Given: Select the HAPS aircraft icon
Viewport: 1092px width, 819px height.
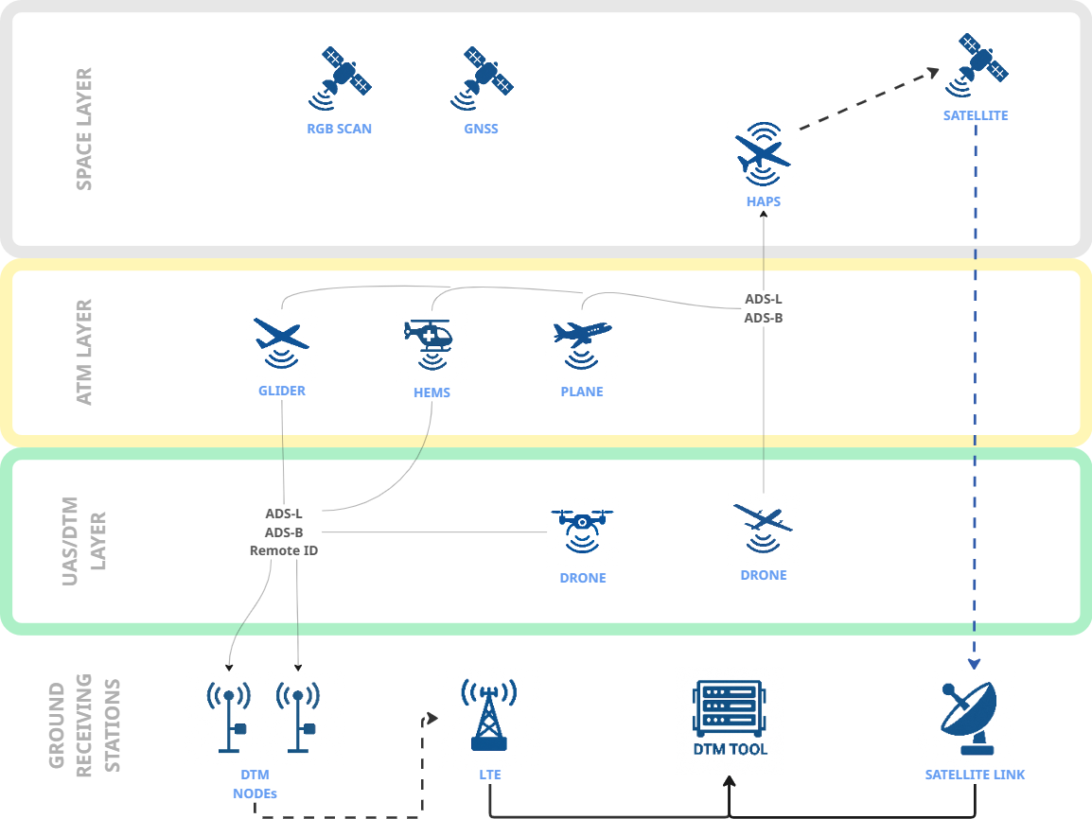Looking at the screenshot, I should [763, 151].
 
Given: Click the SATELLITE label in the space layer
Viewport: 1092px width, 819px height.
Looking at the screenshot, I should [975, 116].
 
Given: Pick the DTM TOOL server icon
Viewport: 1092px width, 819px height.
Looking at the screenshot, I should [730, 709].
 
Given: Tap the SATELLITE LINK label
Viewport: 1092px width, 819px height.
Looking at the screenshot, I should [975, 775].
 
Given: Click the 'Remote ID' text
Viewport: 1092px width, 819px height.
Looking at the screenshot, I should [283, 549].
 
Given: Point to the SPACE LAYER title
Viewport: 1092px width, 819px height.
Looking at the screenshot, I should [84, 130].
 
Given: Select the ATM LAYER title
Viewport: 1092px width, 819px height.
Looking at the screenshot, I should [84, 352].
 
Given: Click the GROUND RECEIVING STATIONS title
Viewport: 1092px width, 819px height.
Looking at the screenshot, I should [84, 726].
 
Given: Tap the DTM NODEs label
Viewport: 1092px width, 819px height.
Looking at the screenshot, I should [255, 784].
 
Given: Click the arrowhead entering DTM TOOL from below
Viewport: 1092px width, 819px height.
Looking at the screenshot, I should [730, 784].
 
